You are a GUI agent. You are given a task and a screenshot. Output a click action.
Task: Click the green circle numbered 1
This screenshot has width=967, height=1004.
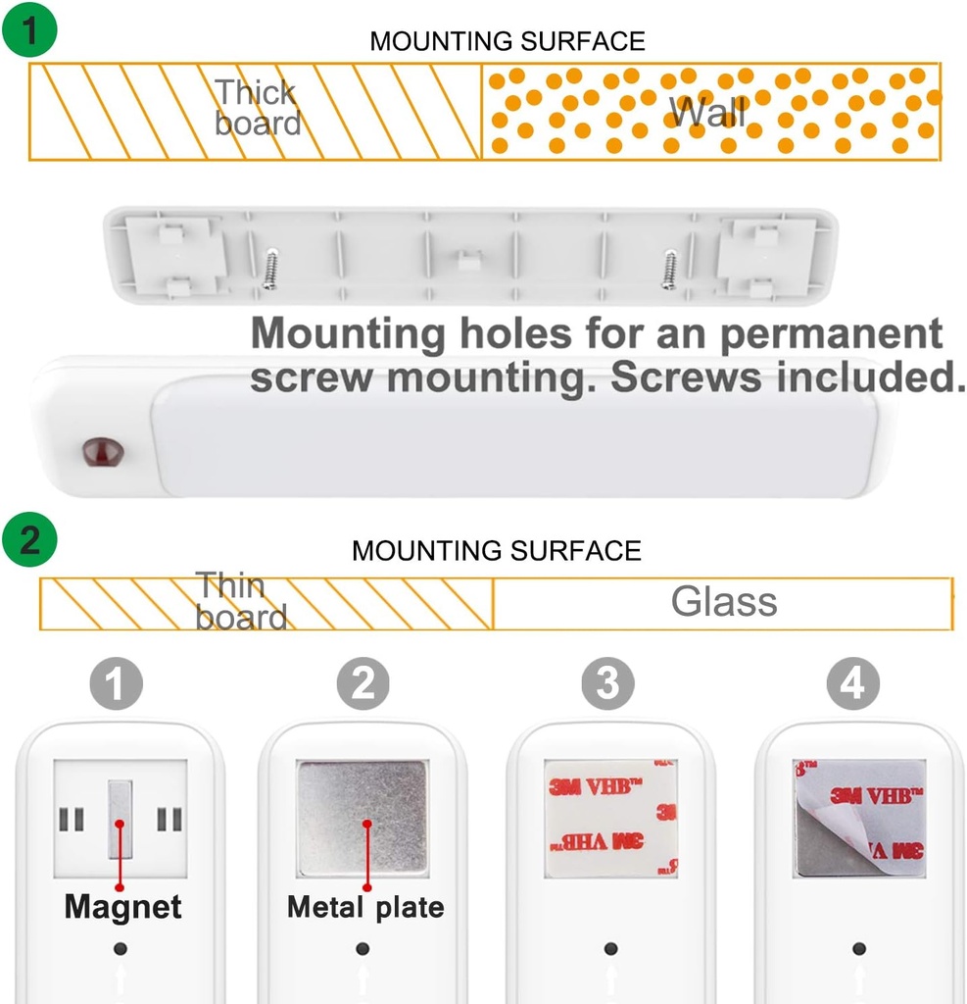[29, 28]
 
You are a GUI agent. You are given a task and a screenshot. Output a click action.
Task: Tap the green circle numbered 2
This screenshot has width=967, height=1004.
[29, 539]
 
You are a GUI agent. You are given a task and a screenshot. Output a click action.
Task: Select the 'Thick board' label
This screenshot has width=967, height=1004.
[258, 108]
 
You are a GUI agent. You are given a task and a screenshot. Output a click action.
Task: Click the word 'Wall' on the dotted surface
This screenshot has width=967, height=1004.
[707, 112]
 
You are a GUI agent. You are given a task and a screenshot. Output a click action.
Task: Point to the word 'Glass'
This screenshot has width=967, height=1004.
[724, 601]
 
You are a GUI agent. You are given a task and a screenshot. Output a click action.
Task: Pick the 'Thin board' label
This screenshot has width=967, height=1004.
[241, 601]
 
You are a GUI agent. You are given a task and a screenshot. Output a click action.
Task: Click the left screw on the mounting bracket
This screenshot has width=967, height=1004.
[270, 269]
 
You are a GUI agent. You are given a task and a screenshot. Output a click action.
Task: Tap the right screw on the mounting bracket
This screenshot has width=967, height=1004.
[670, 269]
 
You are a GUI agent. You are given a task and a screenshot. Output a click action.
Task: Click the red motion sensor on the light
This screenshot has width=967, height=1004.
[103, 453]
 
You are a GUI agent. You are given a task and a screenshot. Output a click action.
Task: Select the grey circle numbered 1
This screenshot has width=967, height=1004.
[116, 683]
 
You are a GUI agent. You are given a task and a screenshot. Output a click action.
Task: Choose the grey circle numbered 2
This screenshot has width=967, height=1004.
[363, 683]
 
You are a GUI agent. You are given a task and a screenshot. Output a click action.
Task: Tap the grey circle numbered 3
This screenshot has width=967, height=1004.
[608, 683]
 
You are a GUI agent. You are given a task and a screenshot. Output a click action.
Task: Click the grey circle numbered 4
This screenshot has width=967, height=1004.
[853, 683]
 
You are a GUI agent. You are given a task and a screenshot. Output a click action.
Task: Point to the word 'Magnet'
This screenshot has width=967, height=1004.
[122, 907]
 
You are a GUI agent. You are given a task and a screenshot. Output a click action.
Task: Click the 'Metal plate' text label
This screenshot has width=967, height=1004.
[365, 907]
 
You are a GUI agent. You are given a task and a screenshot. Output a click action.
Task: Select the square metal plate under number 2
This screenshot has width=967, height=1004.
[363, 819]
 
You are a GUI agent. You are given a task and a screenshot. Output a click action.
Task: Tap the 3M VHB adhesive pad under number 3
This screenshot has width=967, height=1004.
[610, 819]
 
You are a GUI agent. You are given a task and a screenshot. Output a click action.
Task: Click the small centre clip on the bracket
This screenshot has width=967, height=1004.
[470, 259]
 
